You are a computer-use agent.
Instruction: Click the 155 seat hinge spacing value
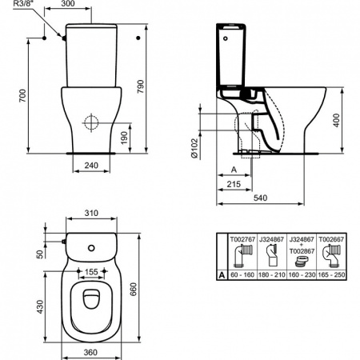tap(94, 272)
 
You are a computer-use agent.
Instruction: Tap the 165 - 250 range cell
tap(332, 274)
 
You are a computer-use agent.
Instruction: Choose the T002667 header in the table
tap(332, 238)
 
